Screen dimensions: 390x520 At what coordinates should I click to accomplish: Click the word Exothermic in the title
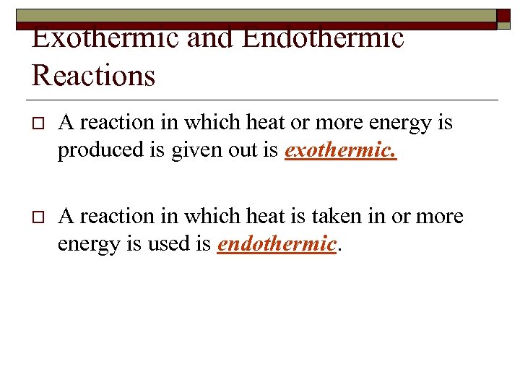pyautogui.click(x=105, y=38)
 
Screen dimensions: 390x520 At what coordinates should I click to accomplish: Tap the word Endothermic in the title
pyautogui.click(x=323, y=38)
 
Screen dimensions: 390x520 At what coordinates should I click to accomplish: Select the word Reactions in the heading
pyautogui.click(x=93, y=74)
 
